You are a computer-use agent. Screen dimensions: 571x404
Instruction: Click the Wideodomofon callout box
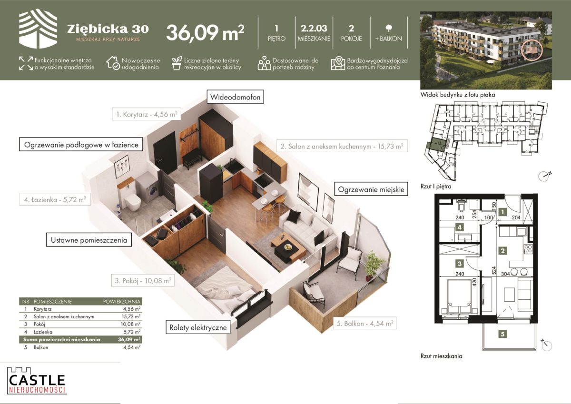[235, 97]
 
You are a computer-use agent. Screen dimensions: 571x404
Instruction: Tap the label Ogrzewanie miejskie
[371, 189]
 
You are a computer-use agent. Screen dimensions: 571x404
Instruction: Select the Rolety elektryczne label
[198, 327]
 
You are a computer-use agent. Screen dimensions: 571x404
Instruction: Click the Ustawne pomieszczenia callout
[89, 240]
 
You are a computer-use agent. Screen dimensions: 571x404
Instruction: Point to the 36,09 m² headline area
[205, 33]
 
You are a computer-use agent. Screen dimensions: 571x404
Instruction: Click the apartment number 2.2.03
[314, 28]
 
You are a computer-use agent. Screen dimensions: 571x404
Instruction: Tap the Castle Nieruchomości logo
[37, 381]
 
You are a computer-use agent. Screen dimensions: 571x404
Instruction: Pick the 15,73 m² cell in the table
[131, 316]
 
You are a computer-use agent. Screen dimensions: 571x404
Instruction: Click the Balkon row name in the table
[41, 347]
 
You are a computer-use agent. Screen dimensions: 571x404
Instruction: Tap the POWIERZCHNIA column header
[122, 302]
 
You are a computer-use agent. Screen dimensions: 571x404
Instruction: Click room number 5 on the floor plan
[502, 334]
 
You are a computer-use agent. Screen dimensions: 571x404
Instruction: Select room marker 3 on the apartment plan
[460, 263]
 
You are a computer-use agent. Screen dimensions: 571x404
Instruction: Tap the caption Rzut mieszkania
[441, 356]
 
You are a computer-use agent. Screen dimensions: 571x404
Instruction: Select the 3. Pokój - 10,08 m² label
[143, 280]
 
